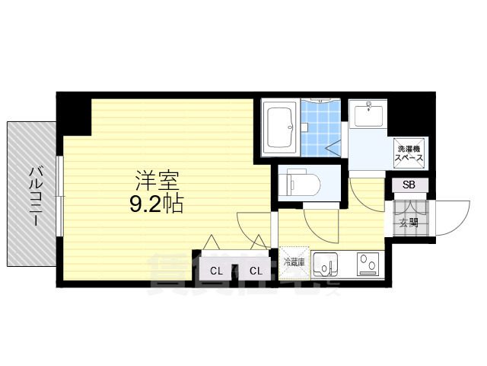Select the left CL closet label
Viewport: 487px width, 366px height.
(x=216, y=271)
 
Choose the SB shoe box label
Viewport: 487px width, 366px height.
(x=409, y=185)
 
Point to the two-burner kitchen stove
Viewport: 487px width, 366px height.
(x=370, y=265)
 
